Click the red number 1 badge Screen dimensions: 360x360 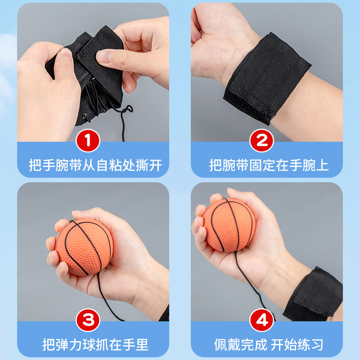coord(88,140)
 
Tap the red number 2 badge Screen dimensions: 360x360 coord(262,140)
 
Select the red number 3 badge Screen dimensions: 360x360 coord(88,320)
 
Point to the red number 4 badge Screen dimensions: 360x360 coord(262,320)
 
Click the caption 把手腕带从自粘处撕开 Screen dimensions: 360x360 coord(95,165)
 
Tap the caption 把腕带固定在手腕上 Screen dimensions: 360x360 coord(269,165)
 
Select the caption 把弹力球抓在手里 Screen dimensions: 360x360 coord(95,345)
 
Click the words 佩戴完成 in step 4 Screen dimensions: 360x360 coord(241,345)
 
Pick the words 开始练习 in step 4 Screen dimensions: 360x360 coord(297,345)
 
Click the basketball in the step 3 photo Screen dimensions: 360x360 coord(84,247)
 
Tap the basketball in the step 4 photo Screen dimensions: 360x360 coord(229,225)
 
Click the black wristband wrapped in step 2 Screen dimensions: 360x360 coord(267,78)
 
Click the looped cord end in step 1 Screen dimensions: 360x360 coord(127,109)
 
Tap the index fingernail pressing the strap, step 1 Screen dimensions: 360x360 coord(104,56)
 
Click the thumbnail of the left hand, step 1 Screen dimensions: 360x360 coord(66,53)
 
